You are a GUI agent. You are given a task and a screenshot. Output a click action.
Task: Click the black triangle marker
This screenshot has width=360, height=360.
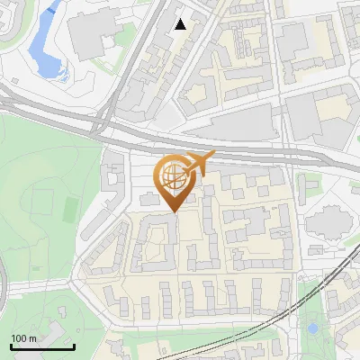[180, 24]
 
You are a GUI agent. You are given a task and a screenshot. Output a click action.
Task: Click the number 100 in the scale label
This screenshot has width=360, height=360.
[20, 338]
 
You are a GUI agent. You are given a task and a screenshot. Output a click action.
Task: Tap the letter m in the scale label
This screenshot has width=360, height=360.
[33, 338]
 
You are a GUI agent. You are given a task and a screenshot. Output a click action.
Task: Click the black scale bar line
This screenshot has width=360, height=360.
[42, 346]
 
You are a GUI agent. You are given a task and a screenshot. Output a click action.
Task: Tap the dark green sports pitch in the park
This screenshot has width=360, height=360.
[71, 209]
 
